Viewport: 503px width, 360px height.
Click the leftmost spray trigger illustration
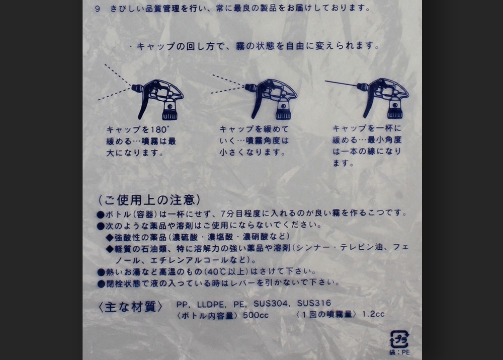pyautogui.click(x=158, y=98)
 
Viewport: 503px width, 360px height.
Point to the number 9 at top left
pyautogui.click(x=97, y=9)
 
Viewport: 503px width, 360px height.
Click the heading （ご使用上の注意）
pyautogui.click(x=149, y=199)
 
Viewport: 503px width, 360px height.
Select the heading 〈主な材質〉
pyautogui.click(x=131, y=307)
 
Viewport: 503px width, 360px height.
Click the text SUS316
pyautogui.click(x=314, y=304)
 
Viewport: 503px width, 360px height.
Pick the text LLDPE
pyautogui.click(x=208, y=304)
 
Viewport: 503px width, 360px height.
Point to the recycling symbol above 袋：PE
pyautogui.click(x=399, y=339)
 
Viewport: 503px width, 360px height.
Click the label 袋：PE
pyautogui.click(x=399, y=352)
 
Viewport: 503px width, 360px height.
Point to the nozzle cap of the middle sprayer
pyautogui.click(x=249, y=88)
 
